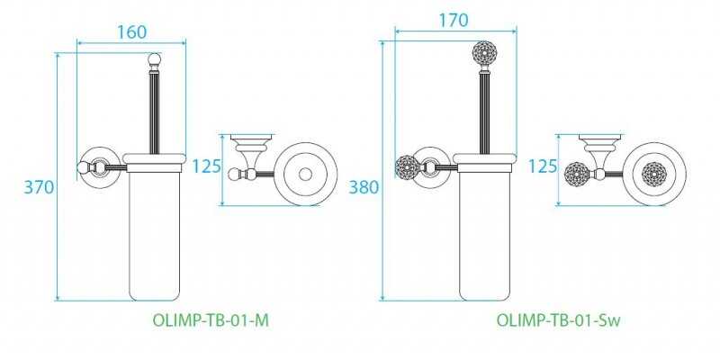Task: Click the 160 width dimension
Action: [x=131, y=32]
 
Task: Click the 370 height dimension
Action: [x=39, y=187]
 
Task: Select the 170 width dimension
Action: [x=454, y=20]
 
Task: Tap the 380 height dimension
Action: [x=364, y=187]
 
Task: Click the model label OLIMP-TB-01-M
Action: [x=211, y=320]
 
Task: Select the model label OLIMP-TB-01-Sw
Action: [x=558, y=320]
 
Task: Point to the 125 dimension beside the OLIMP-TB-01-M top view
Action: [x=206, y=166]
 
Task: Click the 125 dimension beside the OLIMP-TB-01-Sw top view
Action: [x=543, y=166]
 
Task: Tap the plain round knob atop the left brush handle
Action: [x=154, y=59]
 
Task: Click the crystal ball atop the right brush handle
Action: [x=485, y=54]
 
